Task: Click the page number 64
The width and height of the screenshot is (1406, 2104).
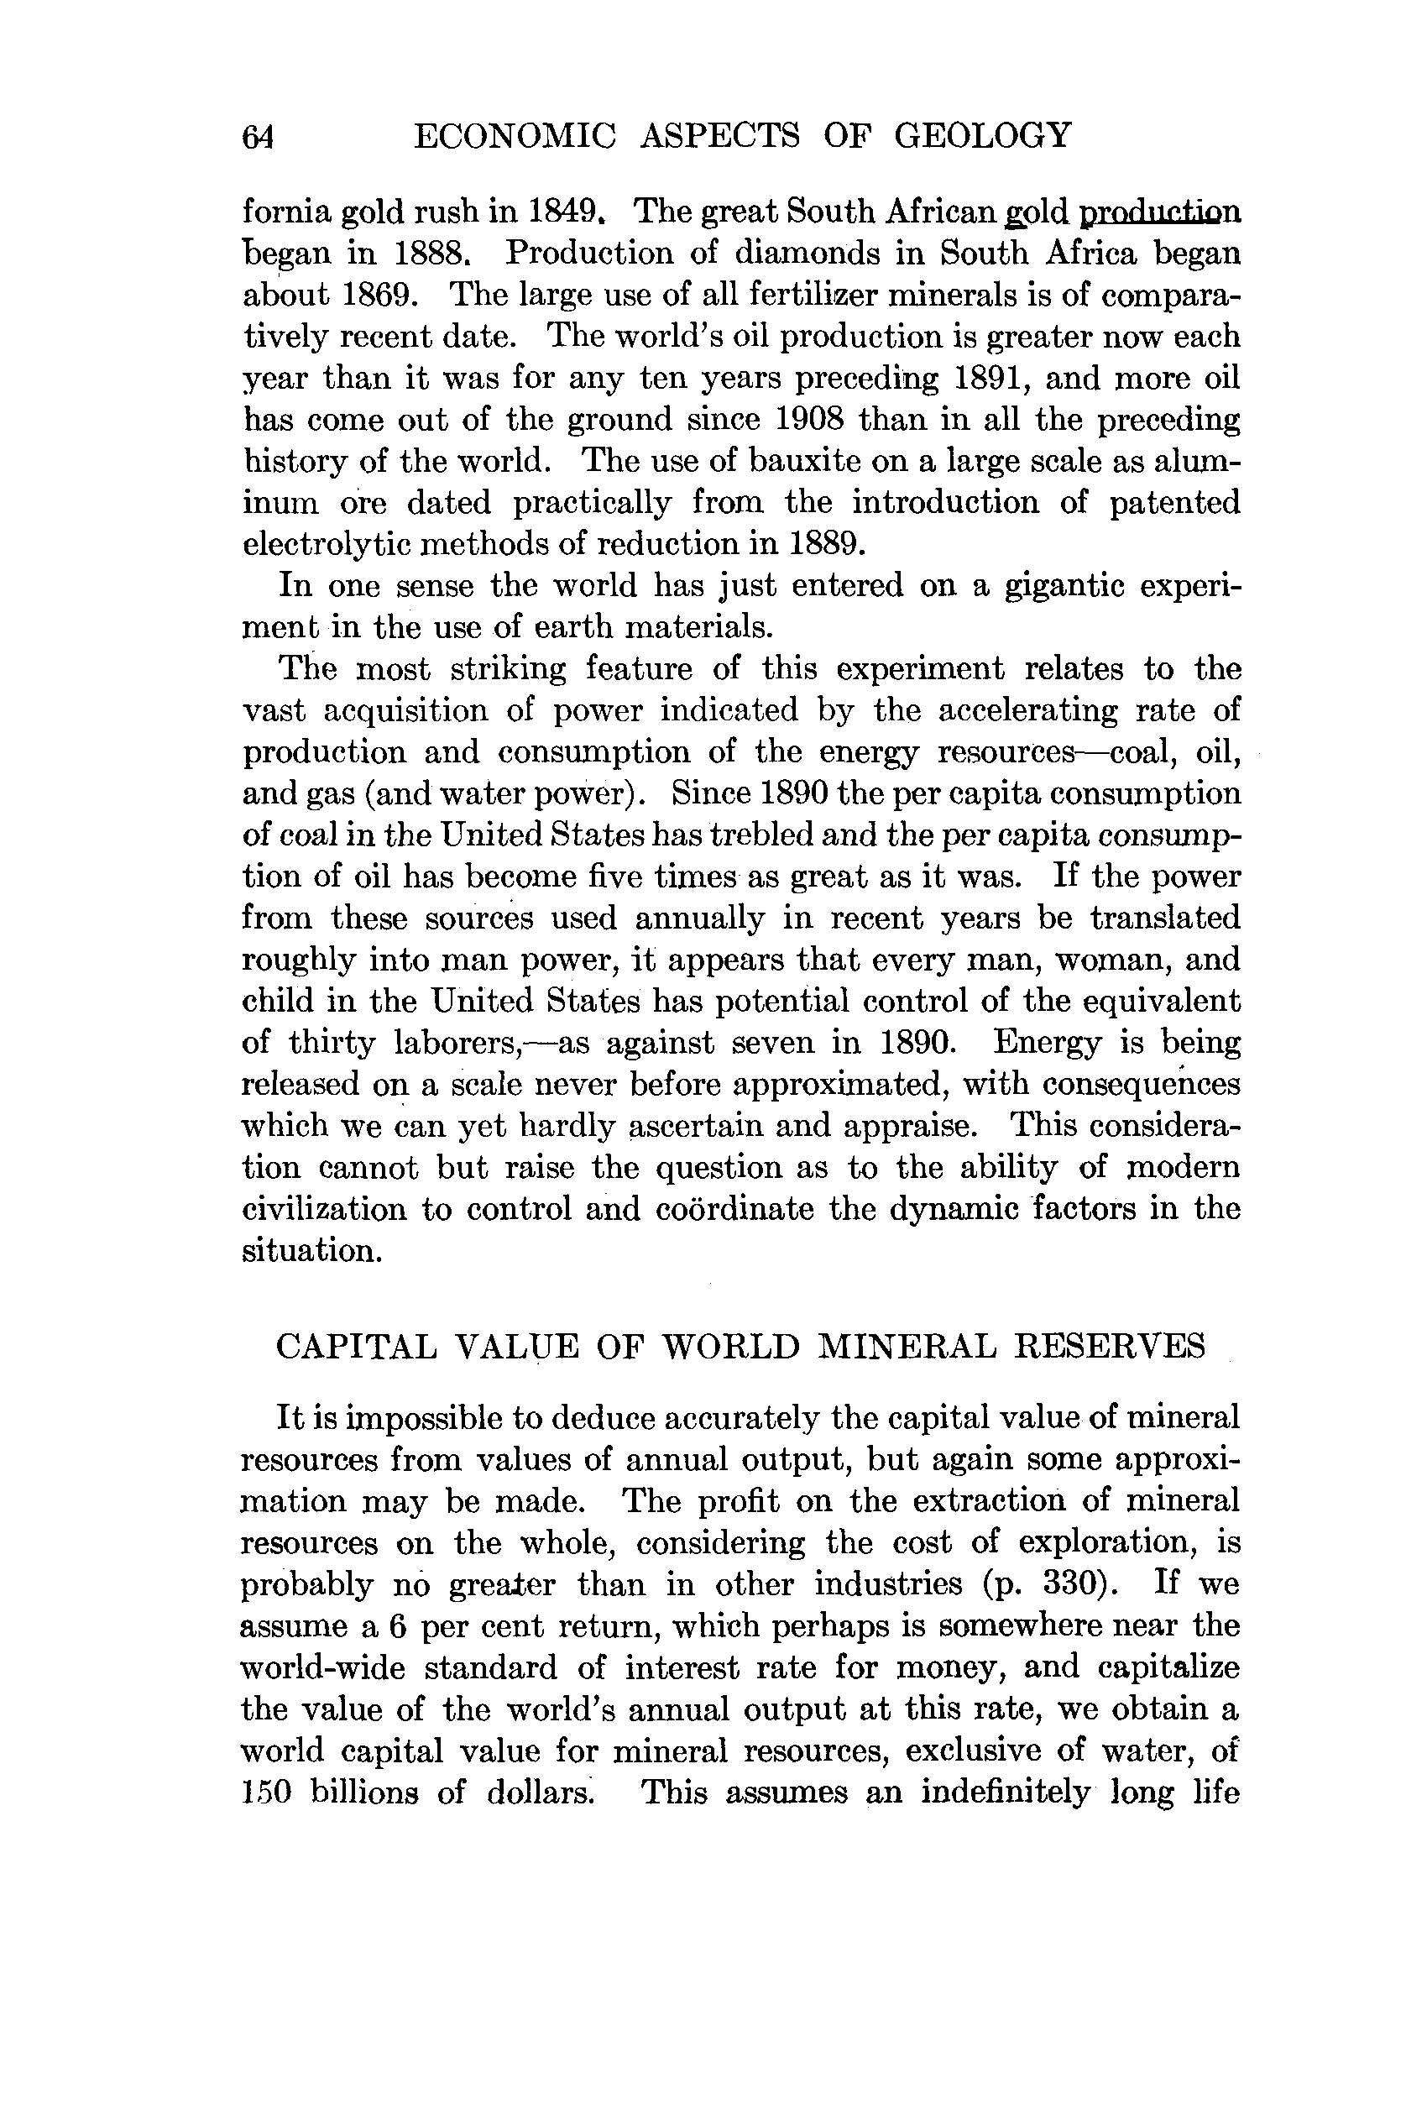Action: pos(259,137)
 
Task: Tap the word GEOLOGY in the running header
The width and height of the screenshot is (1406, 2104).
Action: pos(983,135)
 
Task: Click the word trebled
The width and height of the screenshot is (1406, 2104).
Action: pos(764,835)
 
